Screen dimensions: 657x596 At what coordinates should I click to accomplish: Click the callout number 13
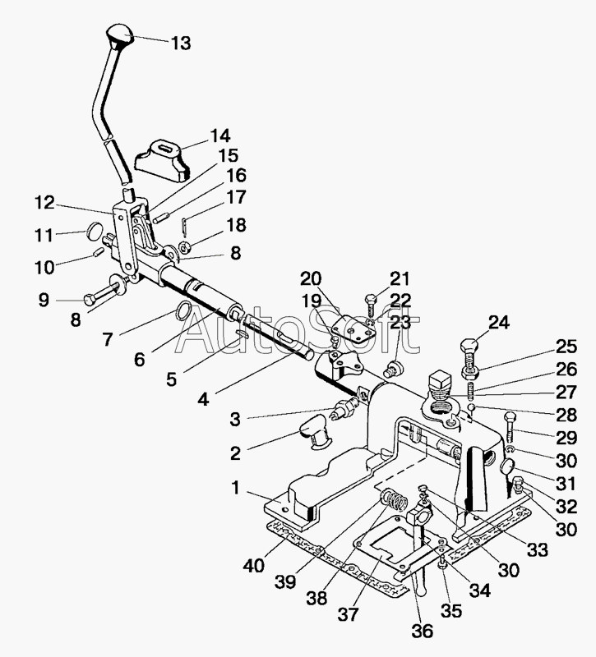pos(180,43)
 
